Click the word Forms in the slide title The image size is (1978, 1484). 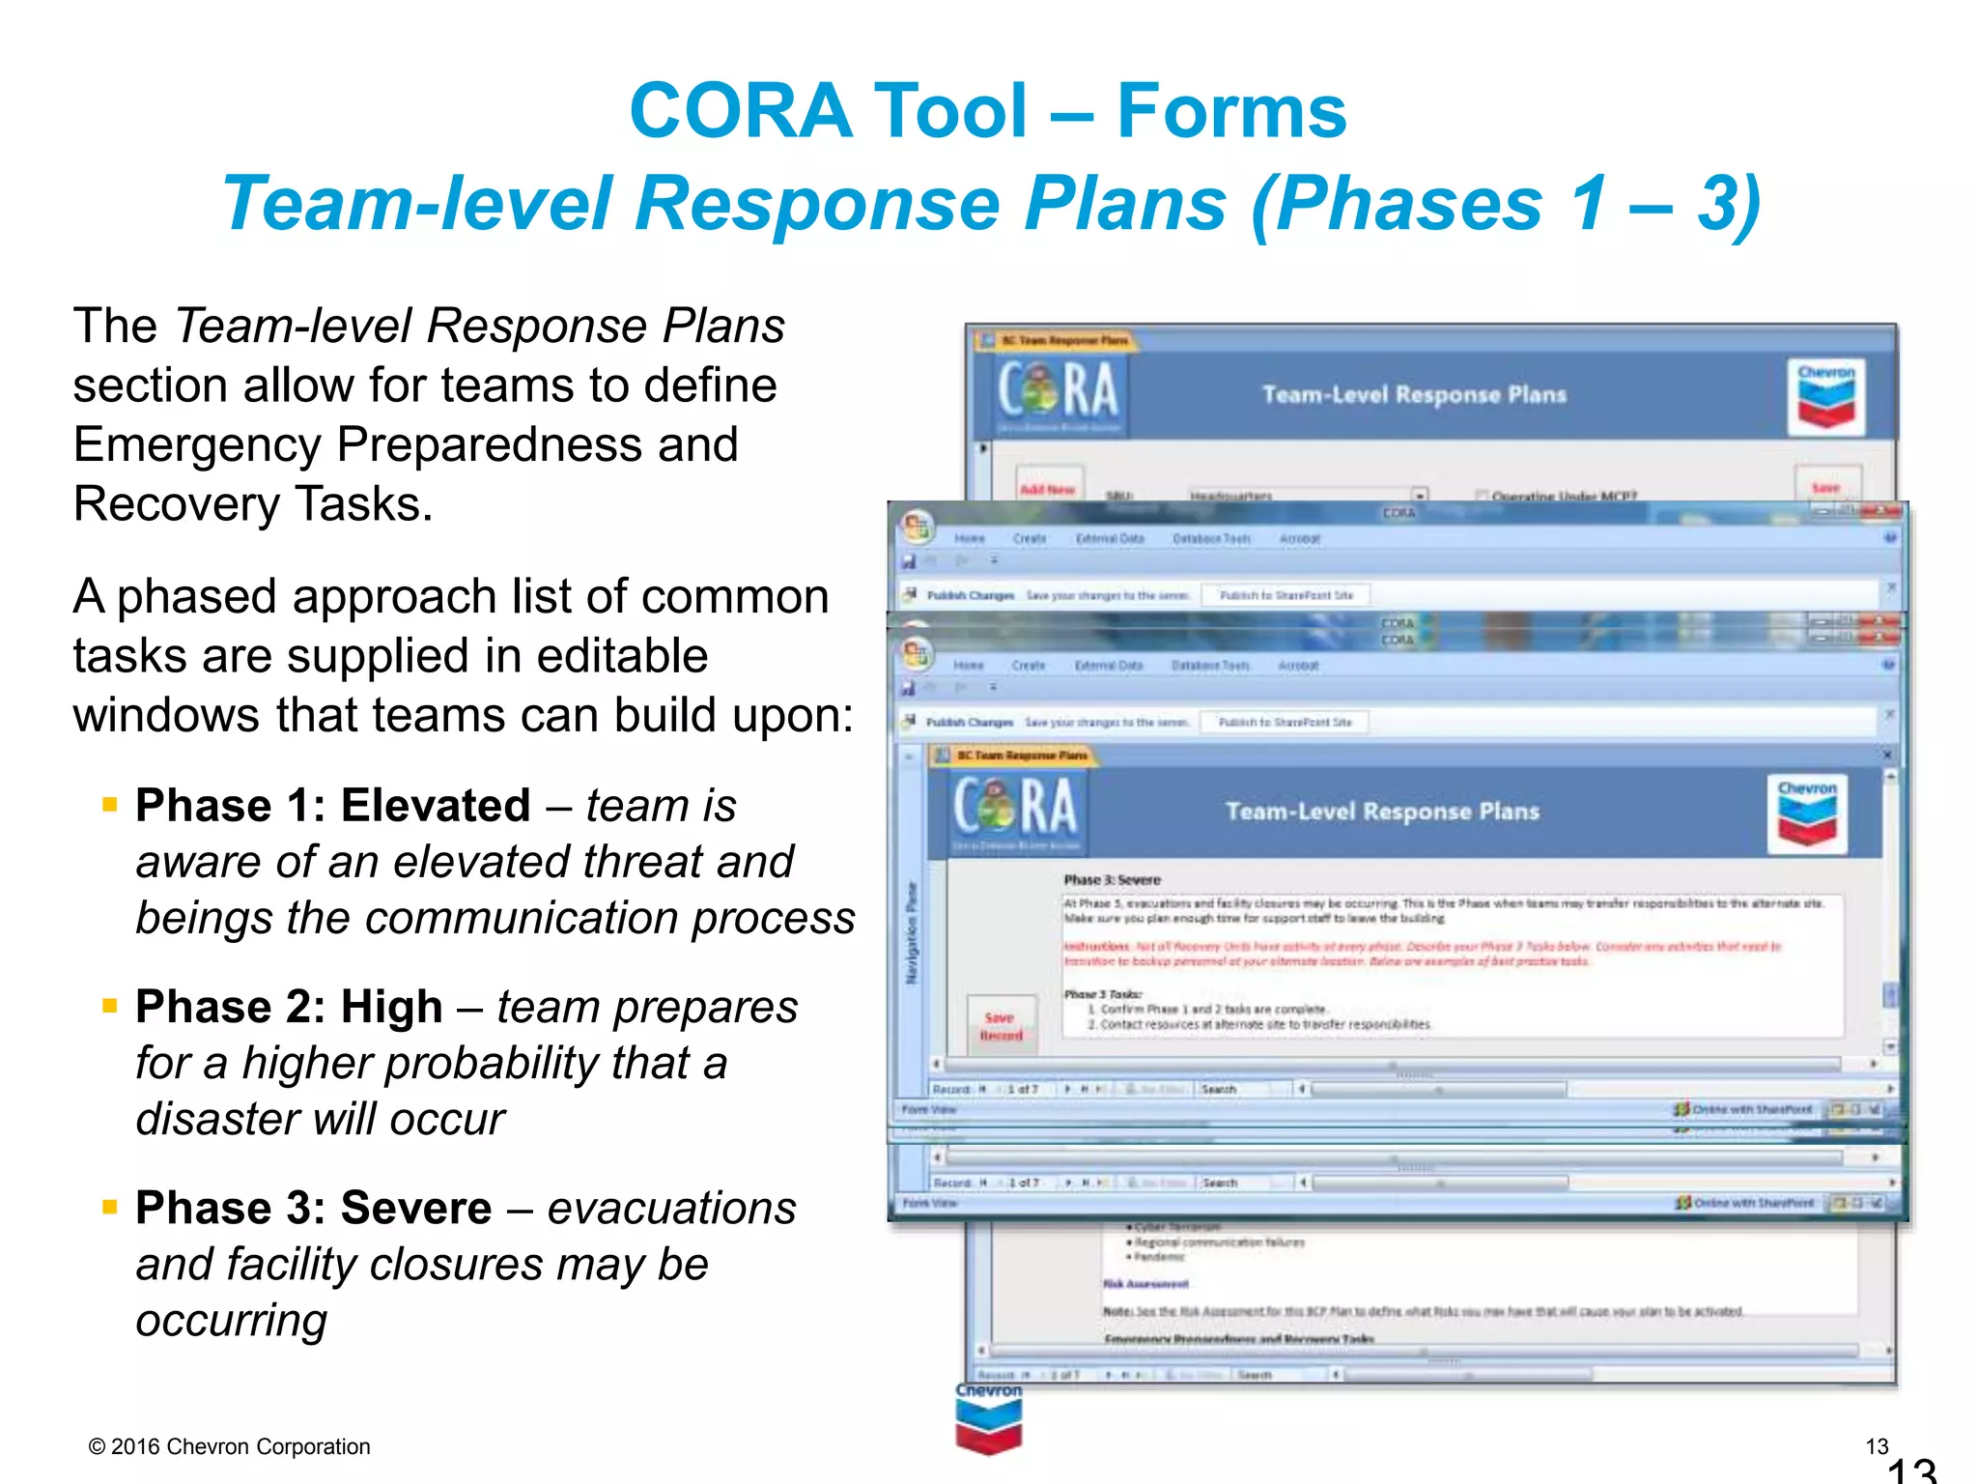[x=1230, y=110]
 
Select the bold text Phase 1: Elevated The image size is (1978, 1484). [x=333, y=805]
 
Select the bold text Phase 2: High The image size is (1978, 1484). [x=289, y=1007]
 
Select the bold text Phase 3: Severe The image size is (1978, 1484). [x=314, y=1208]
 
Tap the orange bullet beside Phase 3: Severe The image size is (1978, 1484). [x=110, y=1207]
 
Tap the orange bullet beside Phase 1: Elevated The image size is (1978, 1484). [x=110, y=804]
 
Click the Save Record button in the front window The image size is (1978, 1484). [x=1001, y=1026]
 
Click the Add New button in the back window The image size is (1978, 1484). [x=1048, y=488]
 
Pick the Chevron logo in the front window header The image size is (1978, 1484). [x=1806, y=813]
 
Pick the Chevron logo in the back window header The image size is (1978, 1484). [x=1825, y=397]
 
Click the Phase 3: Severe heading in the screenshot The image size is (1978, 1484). [x=1112, y=880]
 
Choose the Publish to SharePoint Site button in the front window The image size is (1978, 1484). [x=1285, y=722]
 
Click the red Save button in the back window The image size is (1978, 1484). [x=1825, y=487]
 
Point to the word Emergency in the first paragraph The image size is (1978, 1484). [x=197, y=445]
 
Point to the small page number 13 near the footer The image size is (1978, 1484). [x=1876, y=1446]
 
